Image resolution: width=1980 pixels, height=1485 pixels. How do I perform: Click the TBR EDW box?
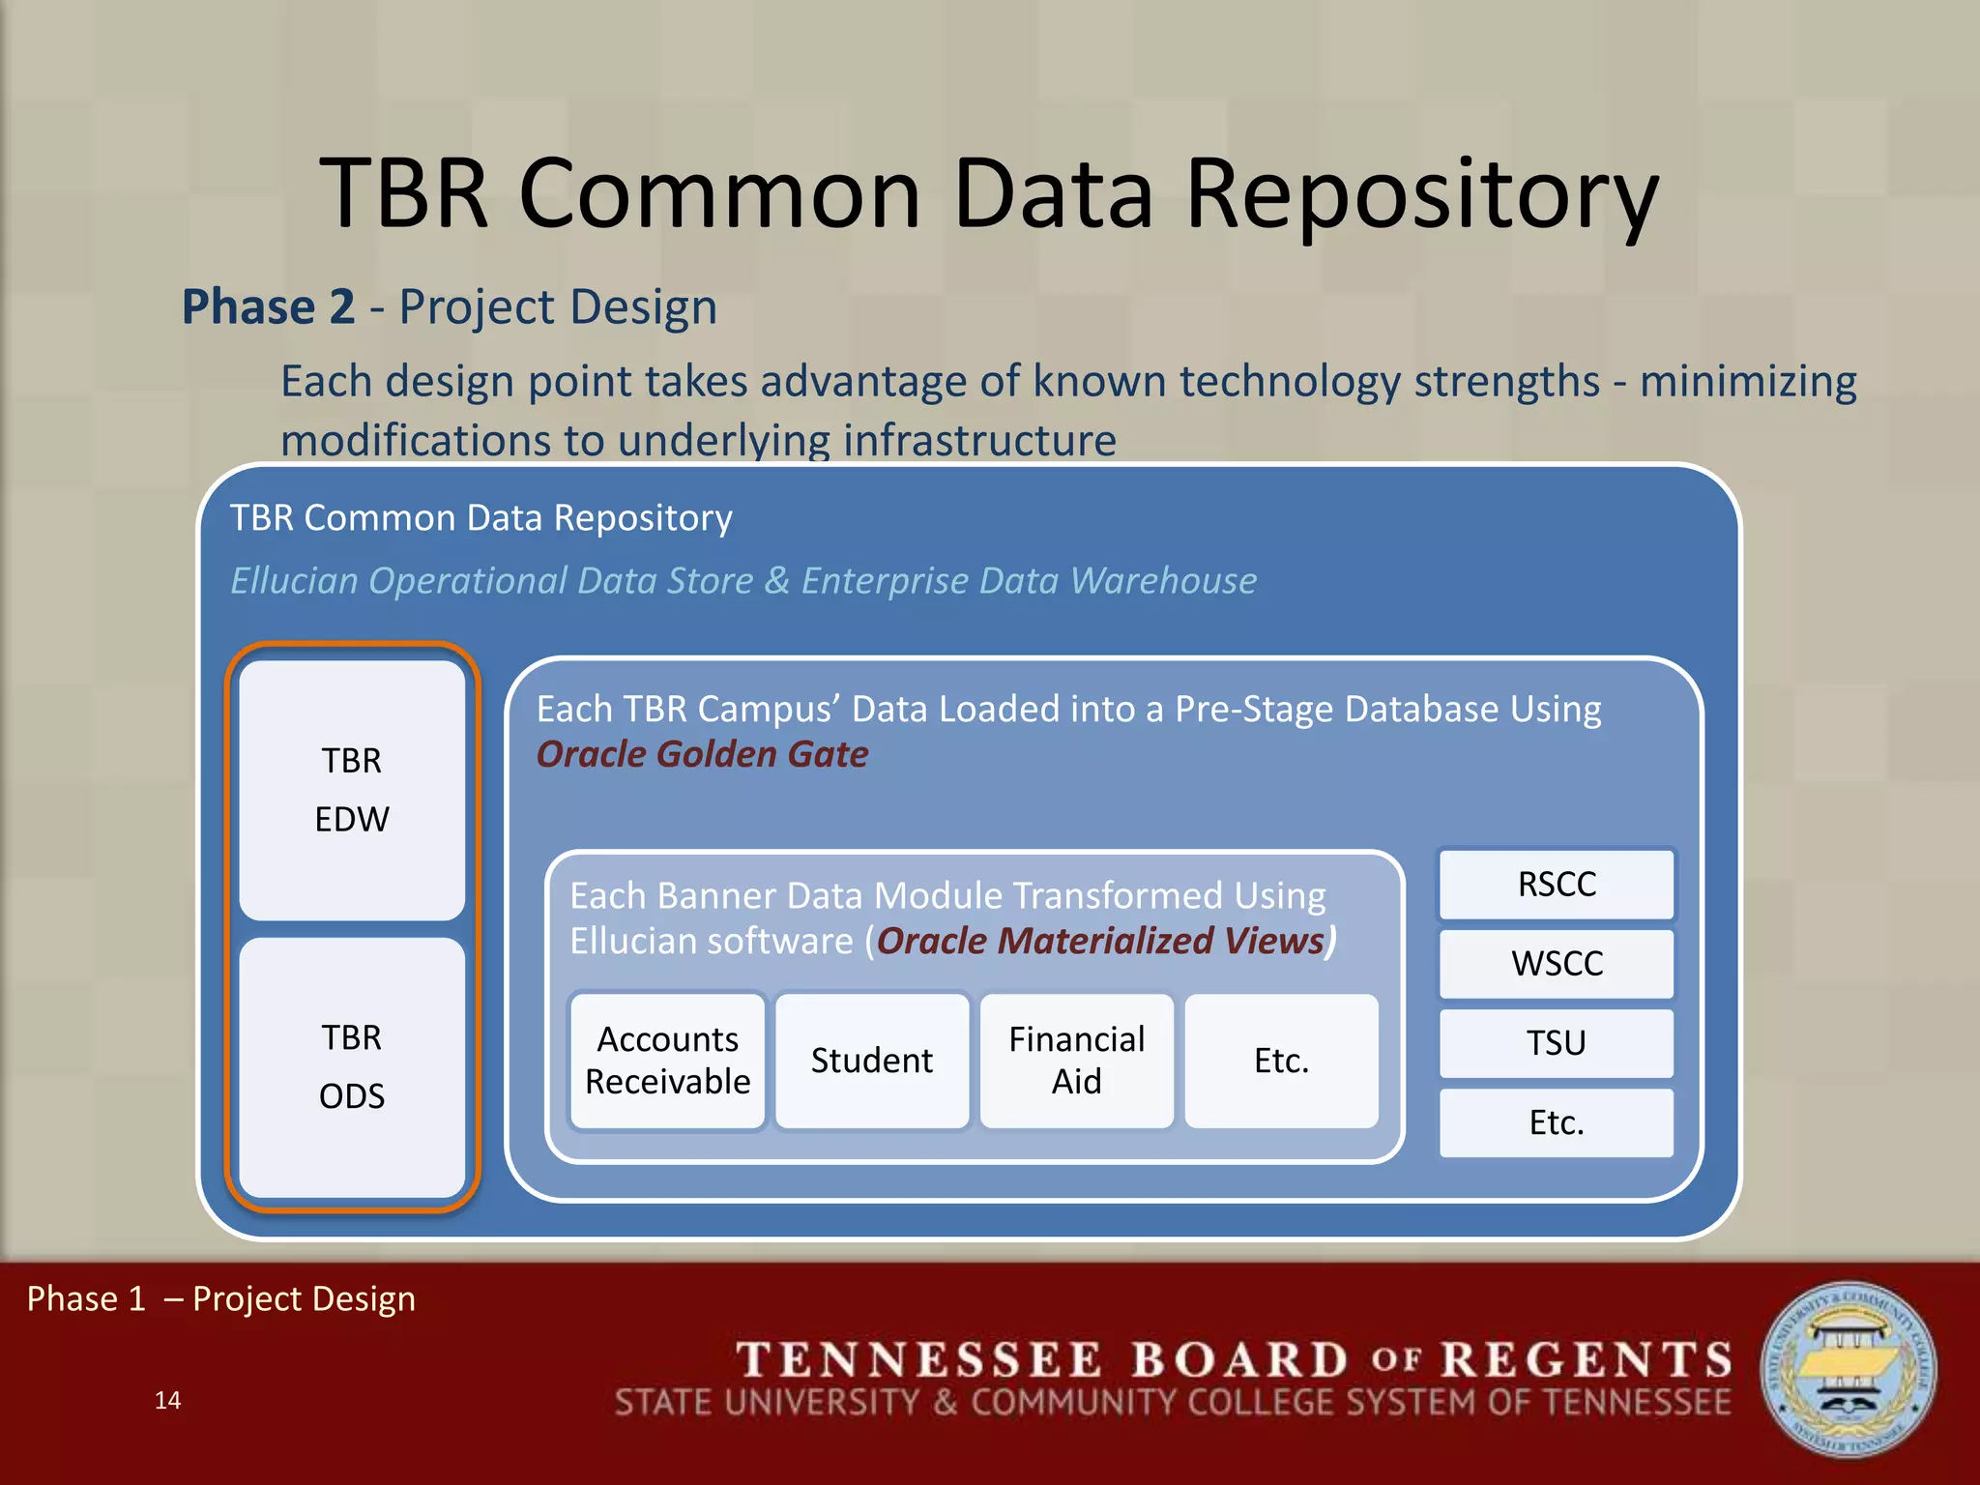(352, 790)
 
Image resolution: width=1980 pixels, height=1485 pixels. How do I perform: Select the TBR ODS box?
(352, 1067)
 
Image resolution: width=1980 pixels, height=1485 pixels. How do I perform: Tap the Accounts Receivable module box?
(668, 1061)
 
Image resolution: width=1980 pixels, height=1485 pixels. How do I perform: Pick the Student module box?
(872, 1061)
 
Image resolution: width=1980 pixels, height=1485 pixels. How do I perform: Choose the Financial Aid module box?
(1077, 1061)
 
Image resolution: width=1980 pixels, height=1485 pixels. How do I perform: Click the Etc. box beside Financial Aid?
(1282, 1061)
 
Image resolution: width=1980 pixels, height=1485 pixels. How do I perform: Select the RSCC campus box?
(1557, 884)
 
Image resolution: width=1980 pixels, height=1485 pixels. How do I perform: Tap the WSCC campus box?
(1557, 963)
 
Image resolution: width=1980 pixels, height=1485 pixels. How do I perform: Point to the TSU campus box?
(1557, 1043)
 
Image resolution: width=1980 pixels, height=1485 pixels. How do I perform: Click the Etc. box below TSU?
(1557, 1122)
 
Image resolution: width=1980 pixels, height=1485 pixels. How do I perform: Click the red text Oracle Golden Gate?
(703, 754)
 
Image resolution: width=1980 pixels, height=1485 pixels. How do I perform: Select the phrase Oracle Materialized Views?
(1100, 941)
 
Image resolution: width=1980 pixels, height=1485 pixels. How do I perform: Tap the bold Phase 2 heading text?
(269, 307)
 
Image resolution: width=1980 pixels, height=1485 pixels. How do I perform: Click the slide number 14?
(167, 1400)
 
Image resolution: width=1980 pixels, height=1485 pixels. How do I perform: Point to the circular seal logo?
(1849, 1370)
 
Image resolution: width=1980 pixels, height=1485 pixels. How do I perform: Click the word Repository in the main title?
(1421, 195)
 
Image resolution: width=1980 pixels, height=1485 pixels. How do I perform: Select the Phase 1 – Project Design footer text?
(221, 1298)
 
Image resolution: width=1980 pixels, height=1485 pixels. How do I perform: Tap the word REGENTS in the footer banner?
(1587, 1359)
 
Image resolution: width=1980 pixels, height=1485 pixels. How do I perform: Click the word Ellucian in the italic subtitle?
(294, 581)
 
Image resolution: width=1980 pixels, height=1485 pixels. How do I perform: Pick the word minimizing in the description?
(1748, 382)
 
